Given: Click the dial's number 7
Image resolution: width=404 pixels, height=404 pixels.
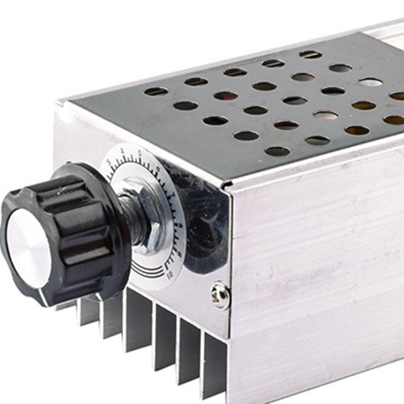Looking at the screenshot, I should (x=173, y=194).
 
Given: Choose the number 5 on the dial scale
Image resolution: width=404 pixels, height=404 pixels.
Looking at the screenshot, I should (x=139, y=153).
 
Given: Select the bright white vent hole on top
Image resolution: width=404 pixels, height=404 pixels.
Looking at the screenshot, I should (x=371, y=82).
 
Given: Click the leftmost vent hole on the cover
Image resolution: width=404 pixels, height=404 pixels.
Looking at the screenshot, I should (x=156, y=91).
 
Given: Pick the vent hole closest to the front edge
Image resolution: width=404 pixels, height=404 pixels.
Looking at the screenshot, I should (x=277, y=151).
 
